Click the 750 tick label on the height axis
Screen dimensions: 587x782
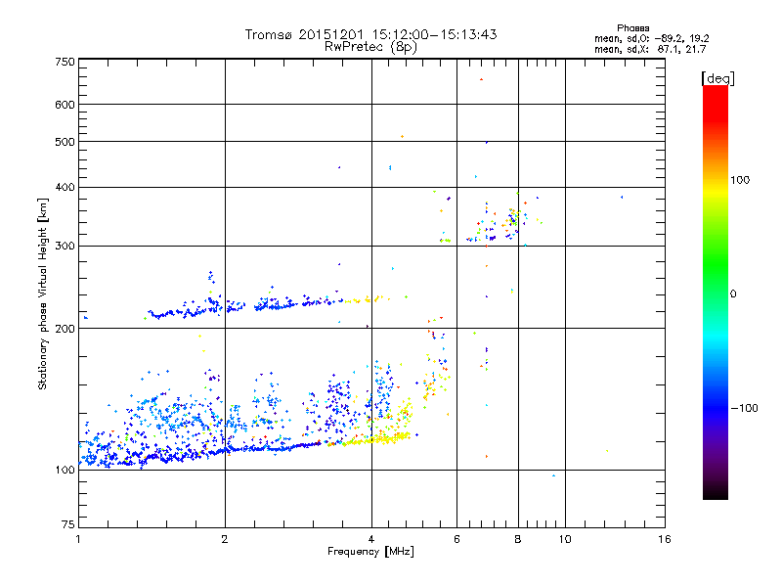click(x=65, y=62)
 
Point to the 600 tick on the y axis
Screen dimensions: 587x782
click(x=65, y=105)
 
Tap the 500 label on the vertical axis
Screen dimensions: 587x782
click(x=65, y=142)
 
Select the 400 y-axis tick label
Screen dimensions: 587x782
click(x=65, y=187)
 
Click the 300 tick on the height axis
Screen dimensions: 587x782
click(x=65, y=246)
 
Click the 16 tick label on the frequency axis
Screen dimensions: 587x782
click(x=664, y=539)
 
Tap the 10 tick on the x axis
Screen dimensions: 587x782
click(x=564, y=539)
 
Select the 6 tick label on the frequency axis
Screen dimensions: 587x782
click(x=456, y=539)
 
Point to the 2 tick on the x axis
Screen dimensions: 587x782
click(x=225, y=539)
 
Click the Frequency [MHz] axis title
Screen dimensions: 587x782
click(x=370, y=552)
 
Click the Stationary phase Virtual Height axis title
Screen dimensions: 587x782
click(x=43, y=293)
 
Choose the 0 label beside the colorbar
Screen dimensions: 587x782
click(x=734, y=293)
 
